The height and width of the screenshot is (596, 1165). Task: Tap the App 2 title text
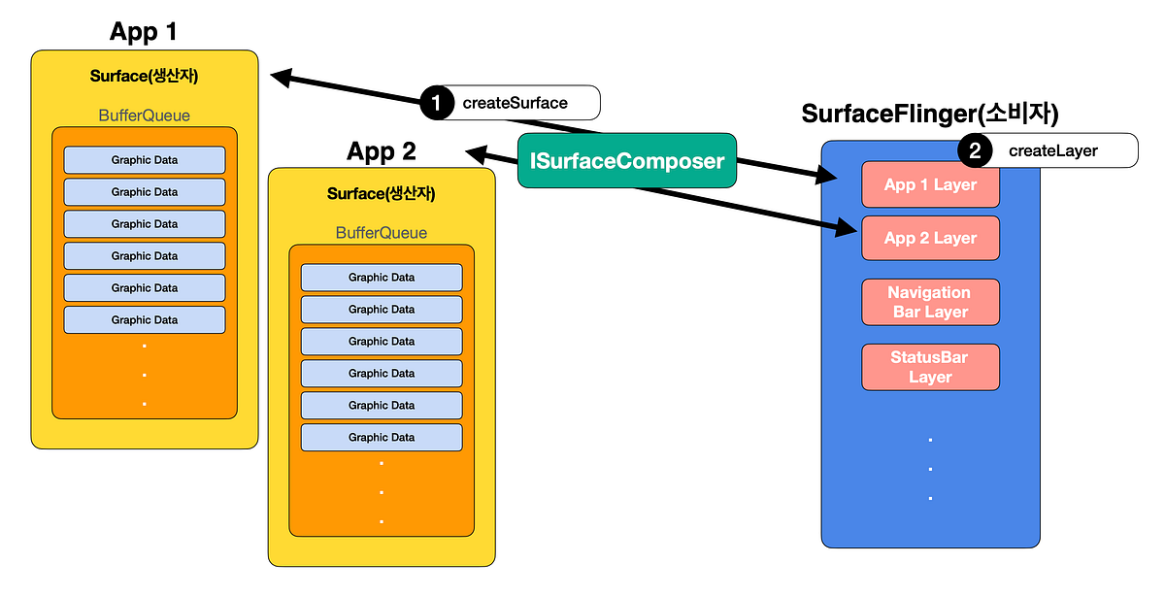tap(382, 151)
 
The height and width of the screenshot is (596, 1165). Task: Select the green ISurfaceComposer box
tap(627, 160)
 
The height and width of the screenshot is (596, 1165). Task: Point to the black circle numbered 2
tap(975, 150)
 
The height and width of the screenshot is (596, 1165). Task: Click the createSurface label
tap(515, 103)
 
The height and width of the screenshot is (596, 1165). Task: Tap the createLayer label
tap(1052, 150)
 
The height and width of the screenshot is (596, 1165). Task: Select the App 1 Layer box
tap(930, 184)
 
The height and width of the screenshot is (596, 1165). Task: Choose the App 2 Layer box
tap(930, 238)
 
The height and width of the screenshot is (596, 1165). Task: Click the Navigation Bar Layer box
tap(930, 302)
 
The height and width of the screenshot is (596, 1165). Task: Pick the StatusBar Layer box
tap(930, 367)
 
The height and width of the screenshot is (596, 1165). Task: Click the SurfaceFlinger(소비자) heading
tap(929, 114)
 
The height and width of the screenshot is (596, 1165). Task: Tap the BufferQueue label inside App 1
tap(145, 116)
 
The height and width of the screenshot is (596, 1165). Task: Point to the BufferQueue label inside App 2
tap(382, 233)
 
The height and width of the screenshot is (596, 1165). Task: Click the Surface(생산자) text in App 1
tap(145, 76)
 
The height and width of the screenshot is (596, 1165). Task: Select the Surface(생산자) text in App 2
tap(382, 194)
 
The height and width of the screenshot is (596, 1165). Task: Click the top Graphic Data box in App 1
tap(145, 160)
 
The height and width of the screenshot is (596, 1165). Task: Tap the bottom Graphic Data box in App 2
tap(382, 438)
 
